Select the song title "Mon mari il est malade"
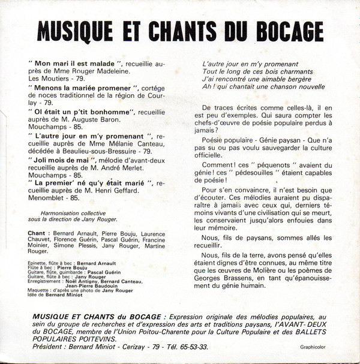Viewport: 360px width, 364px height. [70, 62]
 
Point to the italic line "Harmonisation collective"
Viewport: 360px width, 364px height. [79, 212]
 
